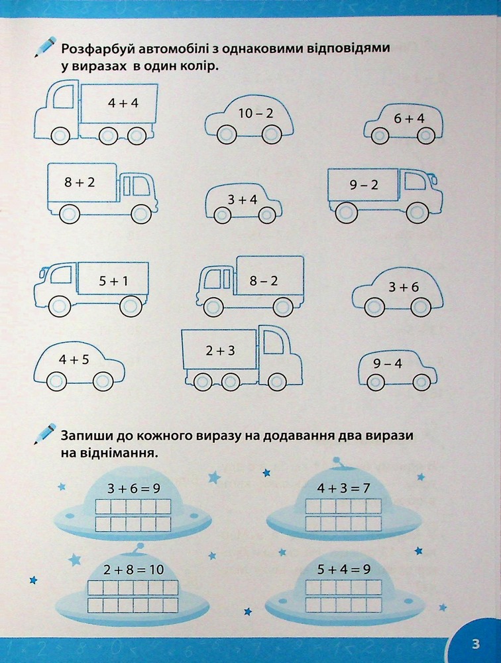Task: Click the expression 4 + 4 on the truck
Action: [123, 103]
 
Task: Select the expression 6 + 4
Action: [409, 119]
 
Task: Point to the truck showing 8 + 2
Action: [102, 192]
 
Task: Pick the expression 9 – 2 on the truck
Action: [364, 185]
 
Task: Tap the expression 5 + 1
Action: [113, 280]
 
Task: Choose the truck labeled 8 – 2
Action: [250, 285]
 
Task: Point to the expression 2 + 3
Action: [220, 351]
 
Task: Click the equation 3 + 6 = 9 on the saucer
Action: [134, 489]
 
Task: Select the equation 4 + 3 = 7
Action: [343, 489]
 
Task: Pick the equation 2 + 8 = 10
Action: [133, 570]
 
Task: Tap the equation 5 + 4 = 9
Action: [343, 569]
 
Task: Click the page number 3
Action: [475, 644]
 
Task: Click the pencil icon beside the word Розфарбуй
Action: [45, 46]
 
